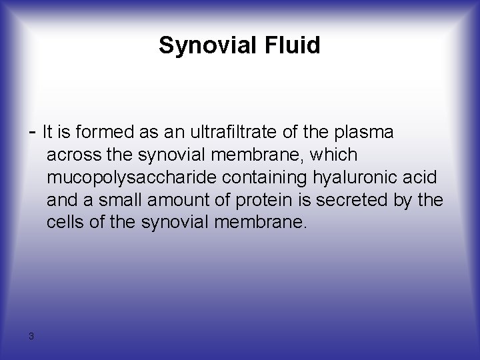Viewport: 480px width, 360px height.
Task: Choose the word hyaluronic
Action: (x=372, y=177)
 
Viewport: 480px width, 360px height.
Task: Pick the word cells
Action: (x=64, y=223)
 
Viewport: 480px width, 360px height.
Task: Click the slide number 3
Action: (x=31, y=335)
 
